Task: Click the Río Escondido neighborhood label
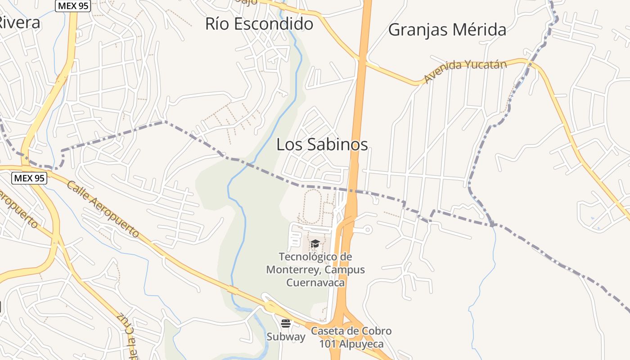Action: click(x=259, y=24)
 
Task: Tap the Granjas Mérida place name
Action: click(x=447, y=30)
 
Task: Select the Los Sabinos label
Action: click(x=322, y=144)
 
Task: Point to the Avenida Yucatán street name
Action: click(x=465, y=71)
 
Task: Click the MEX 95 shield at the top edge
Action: click(x=73, y=5)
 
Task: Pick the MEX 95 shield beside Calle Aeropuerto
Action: click(x=29, y=178)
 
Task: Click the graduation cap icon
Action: click(x=315, y=244)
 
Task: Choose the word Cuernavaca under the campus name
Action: click(x=315, y=283)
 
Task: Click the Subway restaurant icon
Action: click(x=286, y=323)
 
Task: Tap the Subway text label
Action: click(x=286, y=337)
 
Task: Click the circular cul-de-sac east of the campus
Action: click(x=368, y=230)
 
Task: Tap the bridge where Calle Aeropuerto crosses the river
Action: click(x=233, y=290)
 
